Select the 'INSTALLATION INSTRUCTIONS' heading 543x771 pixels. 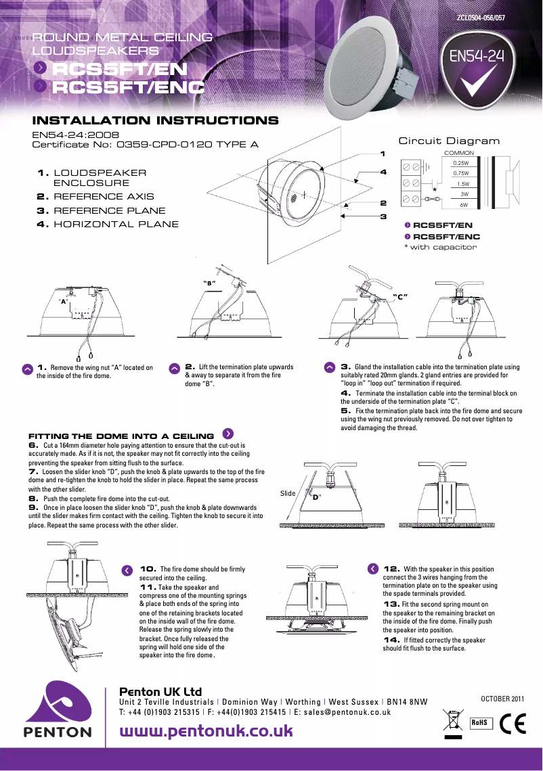click(156, 121)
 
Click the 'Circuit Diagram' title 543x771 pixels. click(449, 141)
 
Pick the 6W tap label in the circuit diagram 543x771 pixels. click(464, 204)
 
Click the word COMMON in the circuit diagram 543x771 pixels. click(458, 153)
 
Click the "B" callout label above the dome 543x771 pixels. click(209, 282)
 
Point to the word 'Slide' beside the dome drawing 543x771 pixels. click(288, 493)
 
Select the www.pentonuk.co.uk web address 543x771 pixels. click(206, 731)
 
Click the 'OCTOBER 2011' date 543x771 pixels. click(502, 698)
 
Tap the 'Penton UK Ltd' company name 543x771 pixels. click(160, 692)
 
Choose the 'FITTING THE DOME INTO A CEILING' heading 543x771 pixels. click(121, 436)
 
